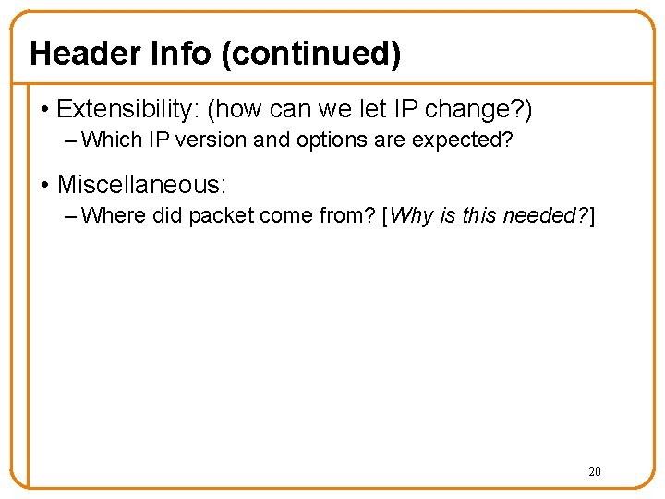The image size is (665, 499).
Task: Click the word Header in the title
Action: tap(82, 54)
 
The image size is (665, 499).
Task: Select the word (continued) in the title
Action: tap(310, 54)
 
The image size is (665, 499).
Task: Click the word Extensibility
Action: tap(127, 110)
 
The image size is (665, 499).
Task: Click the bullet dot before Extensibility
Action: tap(44, 110)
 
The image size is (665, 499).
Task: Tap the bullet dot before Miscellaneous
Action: tap(44, 184)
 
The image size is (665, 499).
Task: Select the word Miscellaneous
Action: tap(140, 184)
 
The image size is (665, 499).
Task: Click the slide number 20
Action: tap(594, 471)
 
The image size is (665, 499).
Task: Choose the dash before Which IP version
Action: tap(73, 141)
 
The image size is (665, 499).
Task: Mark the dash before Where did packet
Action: tap(73, 215)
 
